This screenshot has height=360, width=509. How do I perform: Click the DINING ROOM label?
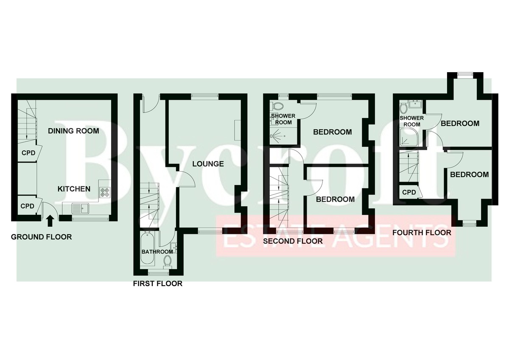pos(74,131)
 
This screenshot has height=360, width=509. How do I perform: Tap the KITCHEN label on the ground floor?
pos(74,189)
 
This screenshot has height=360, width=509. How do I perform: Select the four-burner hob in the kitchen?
pos(105,191)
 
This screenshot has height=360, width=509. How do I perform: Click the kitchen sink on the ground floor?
pos(81,208)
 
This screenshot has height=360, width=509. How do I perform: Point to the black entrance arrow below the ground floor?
pos(50,221)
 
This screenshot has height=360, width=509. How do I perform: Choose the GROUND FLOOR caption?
pos(42,237)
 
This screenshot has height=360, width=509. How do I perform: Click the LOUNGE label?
pos(208,164)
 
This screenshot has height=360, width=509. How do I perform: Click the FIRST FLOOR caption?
pos(158,284)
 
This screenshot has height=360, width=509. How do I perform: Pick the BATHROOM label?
pos(157,252)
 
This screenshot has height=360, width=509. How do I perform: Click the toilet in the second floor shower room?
pos(278,106)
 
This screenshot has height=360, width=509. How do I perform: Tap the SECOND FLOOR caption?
pos(293,241)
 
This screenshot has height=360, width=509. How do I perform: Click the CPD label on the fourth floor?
pos(409,192)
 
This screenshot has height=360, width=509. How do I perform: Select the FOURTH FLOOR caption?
pos(422,233)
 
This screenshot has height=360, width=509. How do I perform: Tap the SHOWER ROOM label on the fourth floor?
pos(412,121)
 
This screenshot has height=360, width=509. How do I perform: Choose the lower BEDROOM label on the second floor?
pos(335,200)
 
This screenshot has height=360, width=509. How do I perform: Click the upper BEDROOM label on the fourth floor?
pos(460,124)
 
